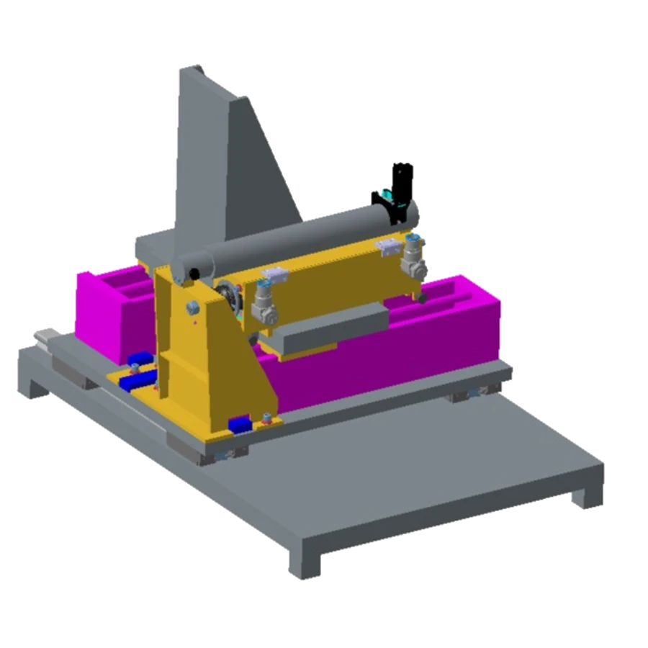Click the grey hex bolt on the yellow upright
tap(192, 308)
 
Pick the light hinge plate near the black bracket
tap(389, 246)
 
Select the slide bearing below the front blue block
tap(229, 453)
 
